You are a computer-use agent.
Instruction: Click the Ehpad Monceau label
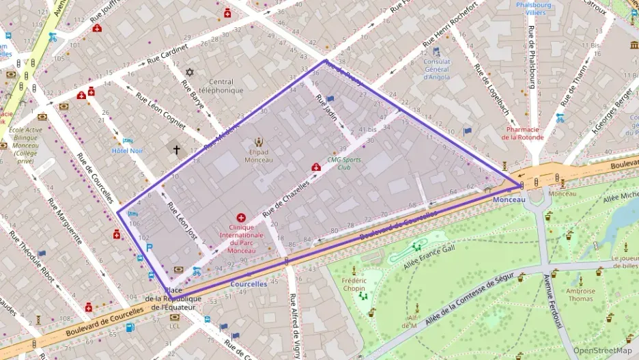click(259, 156)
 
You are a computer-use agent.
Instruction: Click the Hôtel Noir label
click(128, 150)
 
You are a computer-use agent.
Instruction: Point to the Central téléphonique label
click(221, 85)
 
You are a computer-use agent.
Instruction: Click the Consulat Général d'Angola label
click(436, 69)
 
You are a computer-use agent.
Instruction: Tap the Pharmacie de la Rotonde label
click(532, 133)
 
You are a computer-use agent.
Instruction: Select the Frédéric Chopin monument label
click(354, 285)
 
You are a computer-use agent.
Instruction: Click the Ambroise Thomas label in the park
click(580, 294)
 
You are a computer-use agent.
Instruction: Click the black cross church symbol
click(176, 148)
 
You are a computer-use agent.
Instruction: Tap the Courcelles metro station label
click(248, 284)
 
